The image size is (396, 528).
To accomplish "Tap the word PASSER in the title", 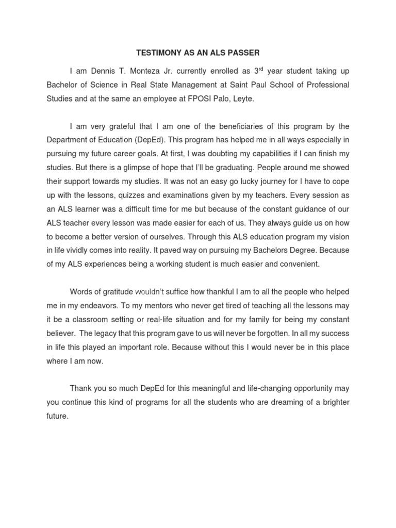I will tap(244, 53).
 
